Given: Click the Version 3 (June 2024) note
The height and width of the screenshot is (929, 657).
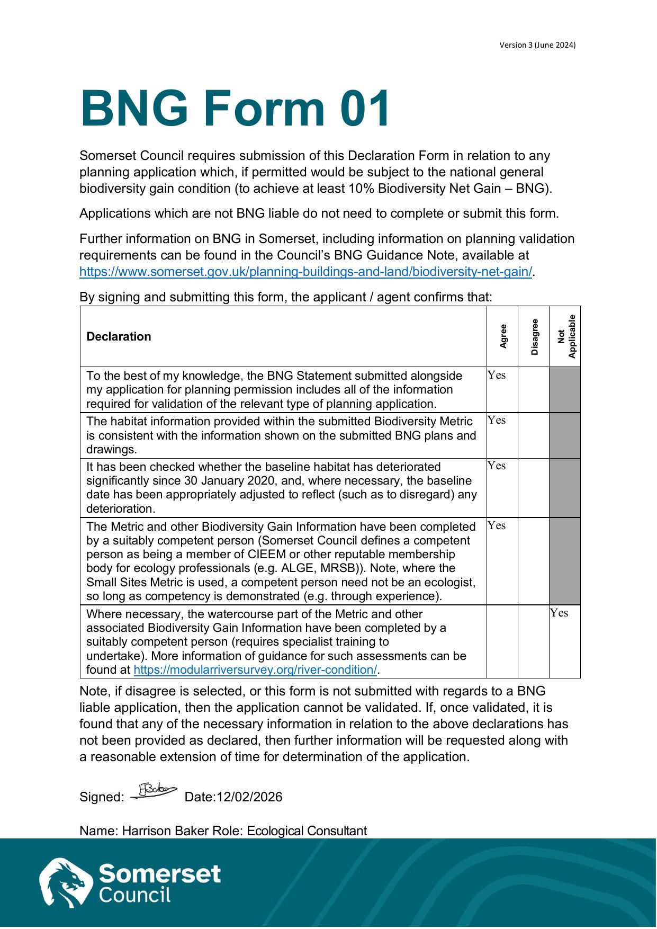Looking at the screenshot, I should (x=537, y=45).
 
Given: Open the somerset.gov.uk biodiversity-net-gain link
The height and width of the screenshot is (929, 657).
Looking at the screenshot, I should (x=305, y=272).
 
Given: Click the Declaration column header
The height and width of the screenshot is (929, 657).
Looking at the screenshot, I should (x=119, y=337).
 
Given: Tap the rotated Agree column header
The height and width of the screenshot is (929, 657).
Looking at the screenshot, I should (x=503, y=336).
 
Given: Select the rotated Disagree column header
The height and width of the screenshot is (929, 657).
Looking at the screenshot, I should (x=534, y=336).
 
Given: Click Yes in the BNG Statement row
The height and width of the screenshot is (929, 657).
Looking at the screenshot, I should (x=497, y=375).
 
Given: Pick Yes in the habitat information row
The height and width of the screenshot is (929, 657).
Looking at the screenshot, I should (x=497, y=420).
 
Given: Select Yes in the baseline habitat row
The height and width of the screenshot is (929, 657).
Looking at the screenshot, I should (x=497, y=466).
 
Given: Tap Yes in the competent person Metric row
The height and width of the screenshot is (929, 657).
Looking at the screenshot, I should (x=497, y=525).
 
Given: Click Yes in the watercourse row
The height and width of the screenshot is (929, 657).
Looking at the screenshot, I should (x=559, y=613).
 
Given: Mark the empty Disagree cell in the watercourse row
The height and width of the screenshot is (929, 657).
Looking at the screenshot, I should (x=534, y=641).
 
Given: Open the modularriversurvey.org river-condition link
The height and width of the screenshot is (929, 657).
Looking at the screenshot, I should (x=255, y=670).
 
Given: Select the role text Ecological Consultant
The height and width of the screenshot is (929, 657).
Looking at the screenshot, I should (x=307, y=830).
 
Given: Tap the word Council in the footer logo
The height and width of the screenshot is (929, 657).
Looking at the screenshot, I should (x=135, y=895).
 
